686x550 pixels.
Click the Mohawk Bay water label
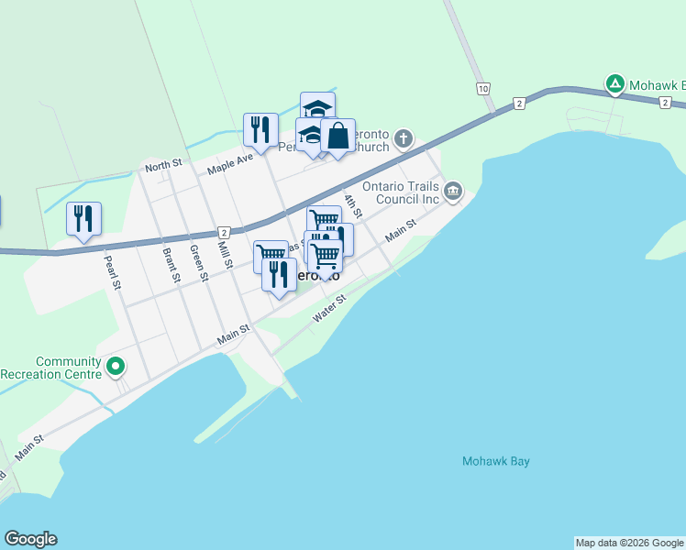coord(495,461)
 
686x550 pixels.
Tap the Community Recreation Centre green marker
coord(115,367)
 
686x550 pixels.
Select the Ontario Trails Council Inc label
coord(402,192)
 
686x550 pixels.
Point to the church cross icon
coord(403,139)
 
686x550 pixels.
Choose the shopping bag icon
coord(337,136)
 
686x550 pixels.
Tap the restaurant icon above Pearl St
coord(83,218)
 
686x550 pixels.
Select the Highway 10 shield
coord(481,88)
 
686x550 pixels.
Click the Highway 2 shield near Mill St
coord(223,233)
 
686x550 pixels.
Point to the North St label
coord(163,166)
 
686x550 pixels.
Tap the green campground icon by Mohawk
coord(614,84)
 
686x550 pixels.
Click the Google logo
coord(30,539)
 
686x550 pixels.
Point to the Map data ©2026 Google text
coord(630,543)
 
